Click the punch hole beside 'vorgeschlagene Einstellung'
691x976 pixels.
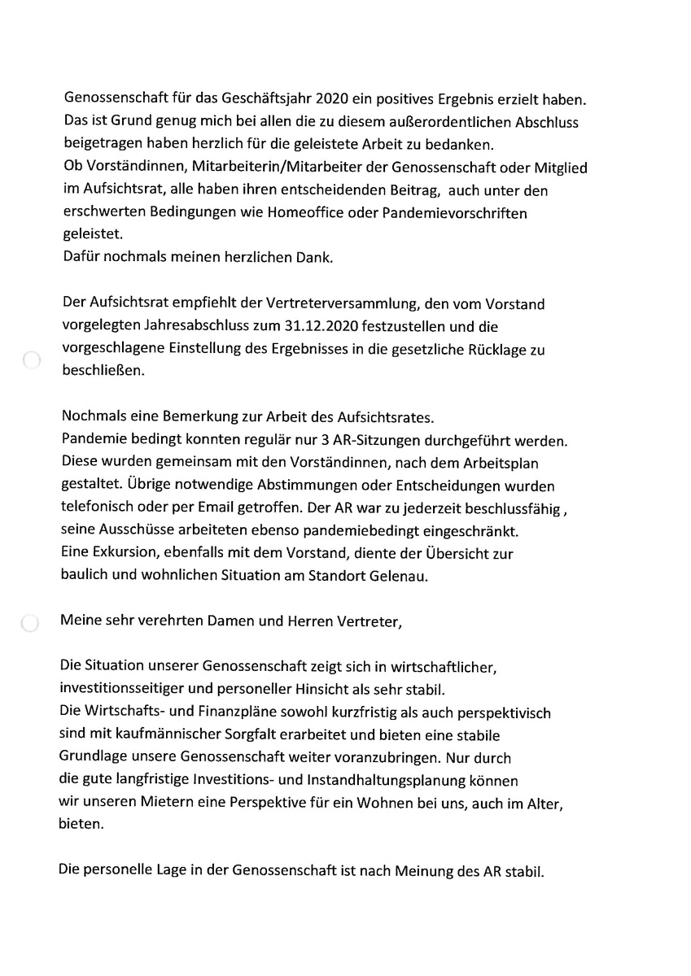[x=32, y=360]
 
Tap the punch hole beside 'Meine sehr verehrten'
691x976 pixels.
[x=29, y=624]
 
